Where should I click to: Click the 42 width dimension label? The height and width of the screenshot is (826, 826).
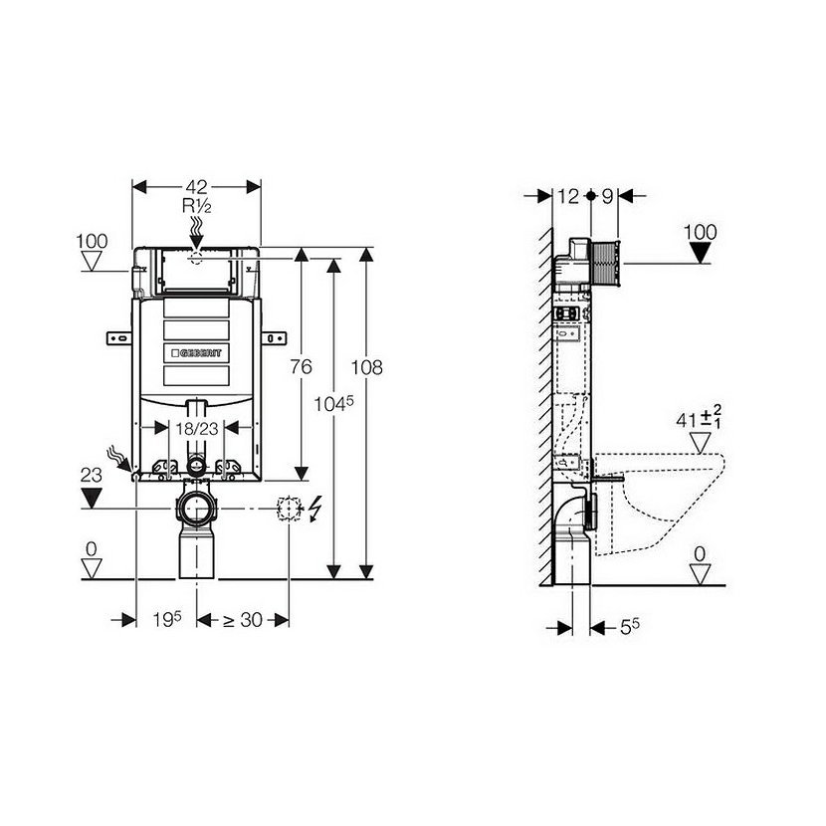(x=196, y=187)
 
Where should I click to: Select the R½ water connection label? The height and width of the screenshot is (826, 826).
(x=196, y=206)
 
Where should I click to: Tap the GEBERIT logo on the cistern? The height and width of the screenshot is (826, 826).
(x=196, y=353)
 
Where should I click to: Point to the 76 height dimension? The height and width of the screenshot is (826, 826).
(x=302, y=366)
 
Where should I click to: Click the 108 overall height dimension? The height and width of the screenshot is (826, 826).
(x=366, y=367)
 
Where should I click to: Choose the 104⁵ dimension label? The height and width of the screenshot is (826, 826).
(x=334, y=403)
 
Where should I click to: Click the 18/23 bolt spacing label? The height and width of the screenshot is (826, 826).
(x=196, y=429)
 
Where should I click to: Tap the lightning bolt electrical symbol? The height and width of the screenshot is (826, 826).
(x=314, y=510)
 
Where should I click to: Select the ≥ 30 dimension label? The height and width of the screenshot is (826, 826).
(x=243, y=620)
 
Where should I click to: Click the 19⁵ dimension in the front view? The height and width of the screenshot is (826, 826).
(x=167, y=619)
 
